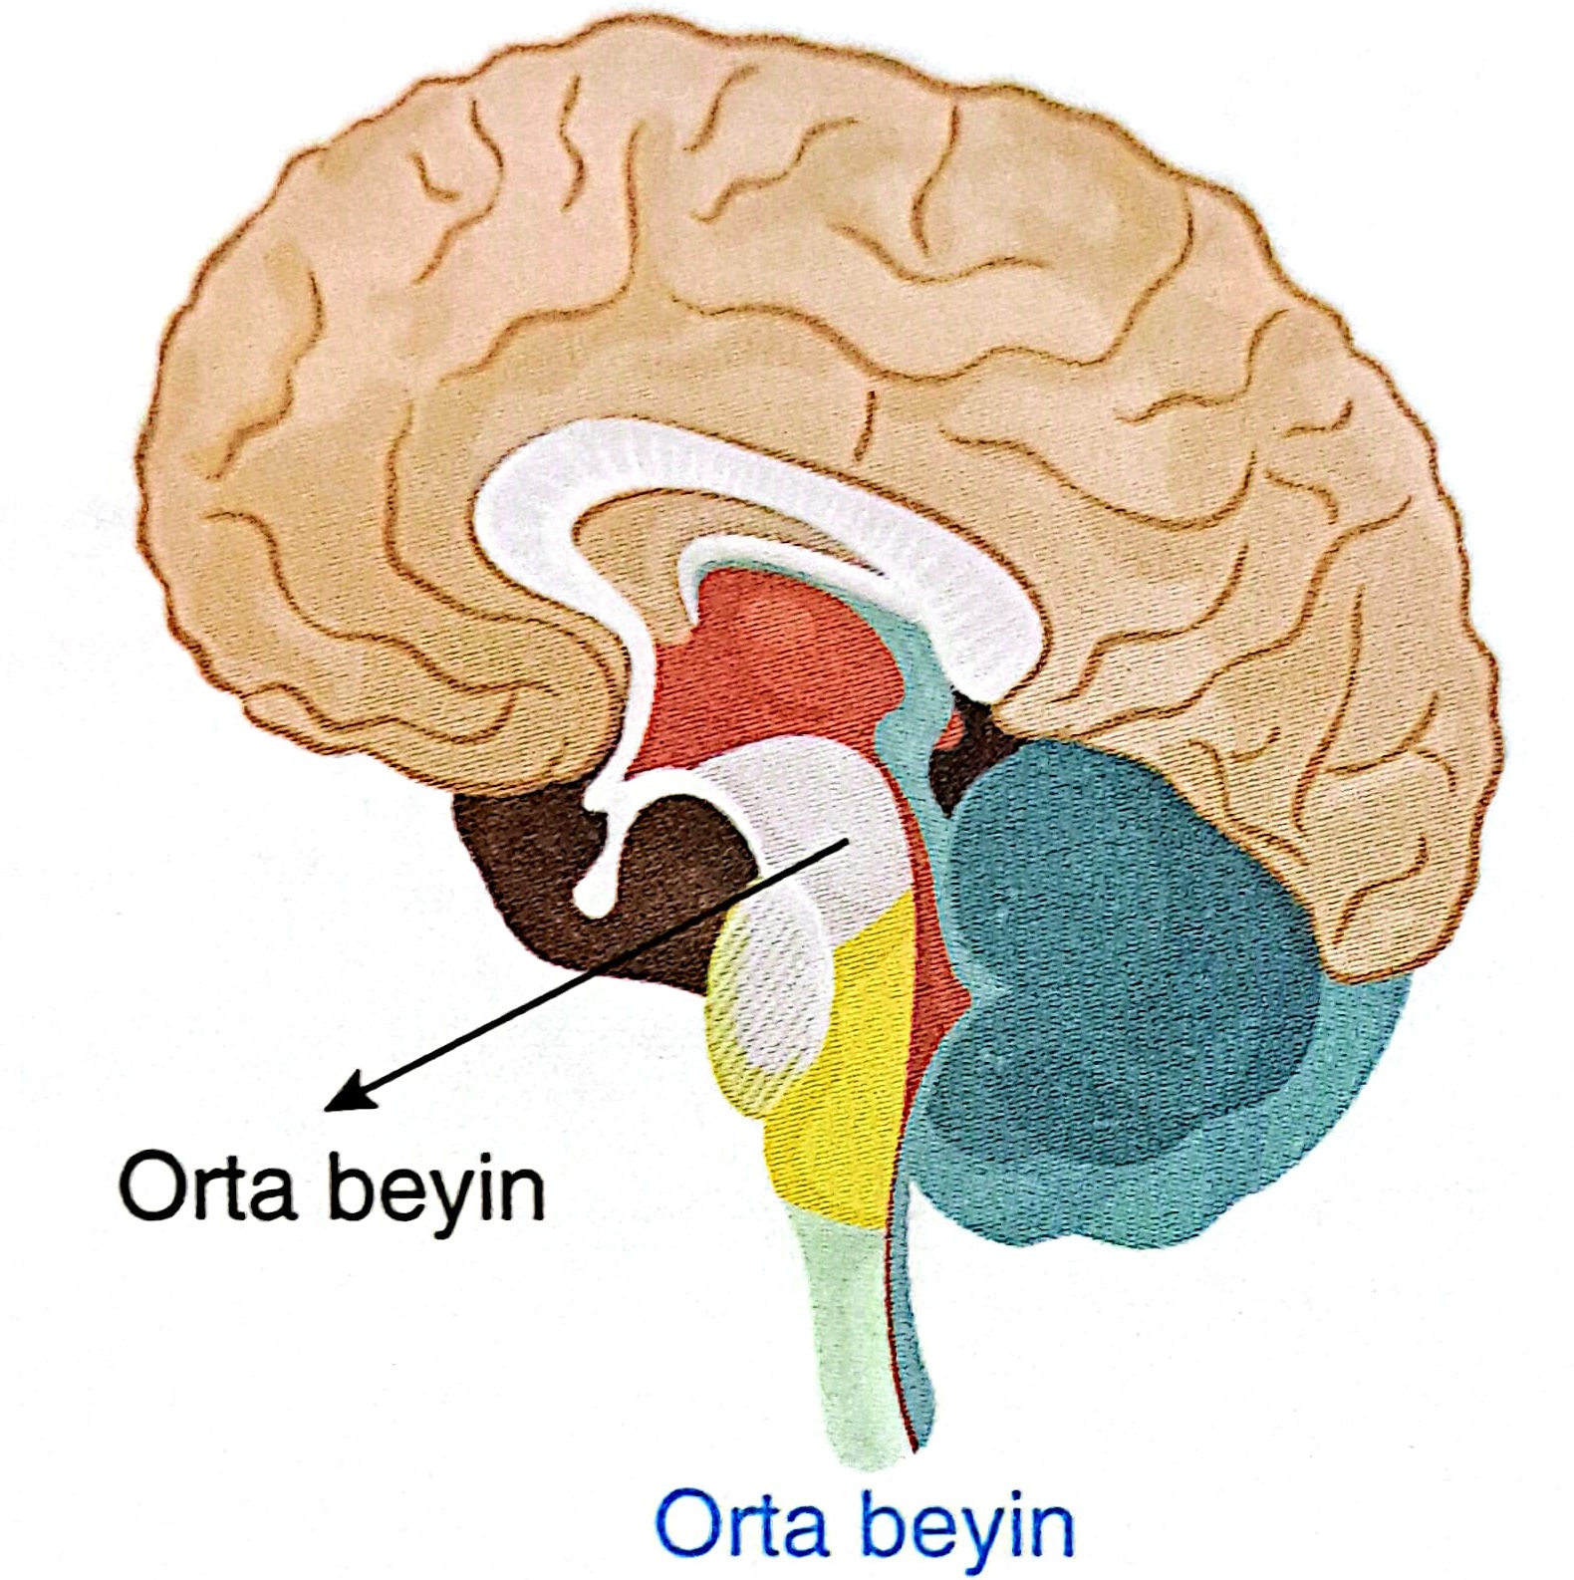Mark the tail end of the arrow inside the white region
[846, 843]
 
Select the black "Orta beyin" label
[333, 1187]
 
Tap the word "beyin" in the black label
[438, 1187]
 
